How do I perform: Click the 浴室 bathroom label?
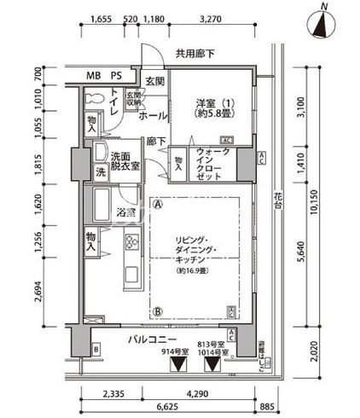[127, 212]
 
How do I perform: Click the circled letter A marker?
[157, 203]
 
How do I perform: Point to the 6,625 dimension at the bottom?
[168, 407]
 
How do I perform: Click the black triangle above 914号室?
[178, 365]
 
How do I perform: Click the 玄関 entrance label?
[154, 81]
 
